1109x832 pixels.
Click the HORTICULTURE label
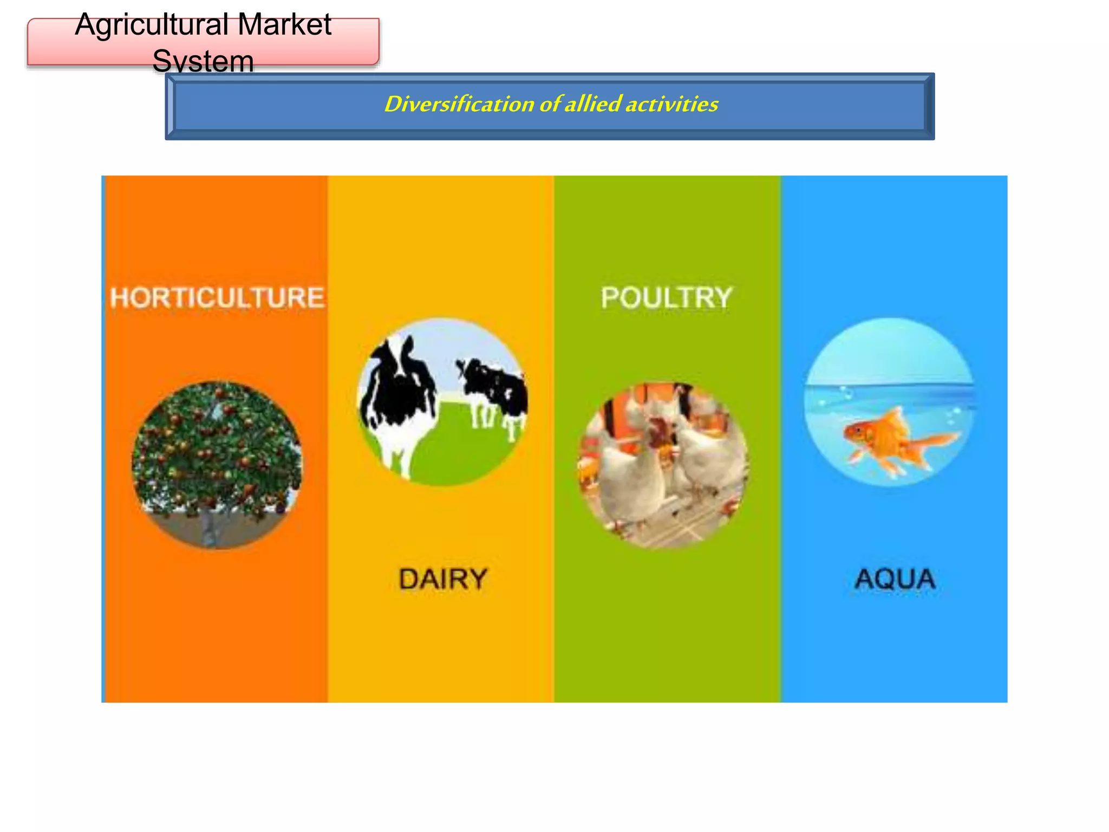click(x=217, y=298)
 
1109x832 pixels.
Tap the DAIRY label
click(x=443, y=578)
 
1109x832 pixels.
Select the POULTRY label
click(x=666, y=298)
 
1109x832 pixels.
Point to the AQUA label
click(x=895, y=578)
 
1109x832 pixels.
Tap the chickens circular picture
click(x=664, y=466)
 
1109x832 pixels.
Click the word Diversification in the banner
click(x=459, y=104)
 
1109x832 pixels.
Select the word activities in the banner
click(x=671, y=104)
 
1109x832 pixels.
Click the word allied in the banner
click(x=592, y=104)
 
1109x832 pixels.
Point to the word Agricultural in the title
click(x=152, y=25)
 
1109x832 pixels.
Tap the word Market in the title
click(x=284, y=25)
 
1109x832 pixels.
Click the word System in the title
click(x=203, y=61)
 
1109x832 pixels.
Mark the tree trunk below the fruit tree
click(x=209, y=531)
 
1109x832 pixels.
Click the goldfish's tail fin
click(x=937, y=441)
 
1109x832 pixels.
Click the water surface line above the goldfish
click(x=888, y=386)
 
